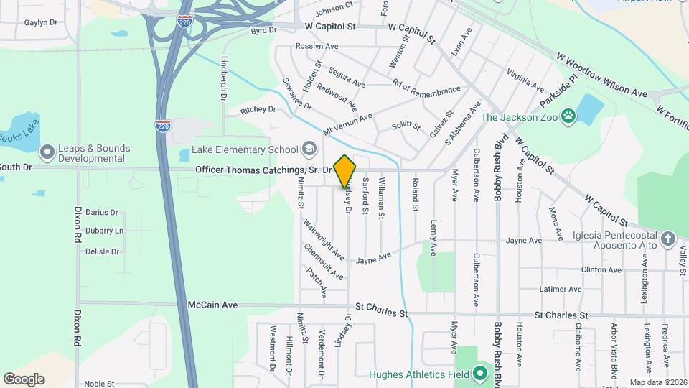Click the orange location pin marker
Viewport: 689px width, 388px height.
[345, 171]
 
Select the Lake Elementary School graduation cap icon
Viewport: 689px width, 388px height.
[309, 149]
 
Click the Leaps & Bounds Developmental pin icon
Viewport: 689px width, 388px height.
[47, 152]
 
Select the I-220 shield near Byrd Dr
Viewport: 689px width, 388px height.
[184, 23]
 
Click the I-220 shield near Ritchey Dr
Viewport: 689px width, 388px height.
[164, 124]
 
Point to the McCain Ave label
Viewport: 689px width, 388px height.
[212, 305]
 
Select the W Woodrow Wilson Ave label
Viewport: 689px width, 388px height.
[602, 75]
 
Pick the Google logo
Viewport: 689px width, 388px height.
[24, 379]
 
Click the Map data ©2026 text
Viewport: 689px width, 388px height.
[657, 382]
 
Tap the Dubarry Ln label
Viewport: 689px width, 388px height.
[104, 231]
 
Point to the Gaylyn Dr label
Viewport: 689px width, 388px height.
[40, 22]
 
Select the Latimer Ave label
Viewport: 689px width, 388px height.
[560, 290]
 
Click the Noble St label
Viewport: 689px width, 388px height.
[100, 384]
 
